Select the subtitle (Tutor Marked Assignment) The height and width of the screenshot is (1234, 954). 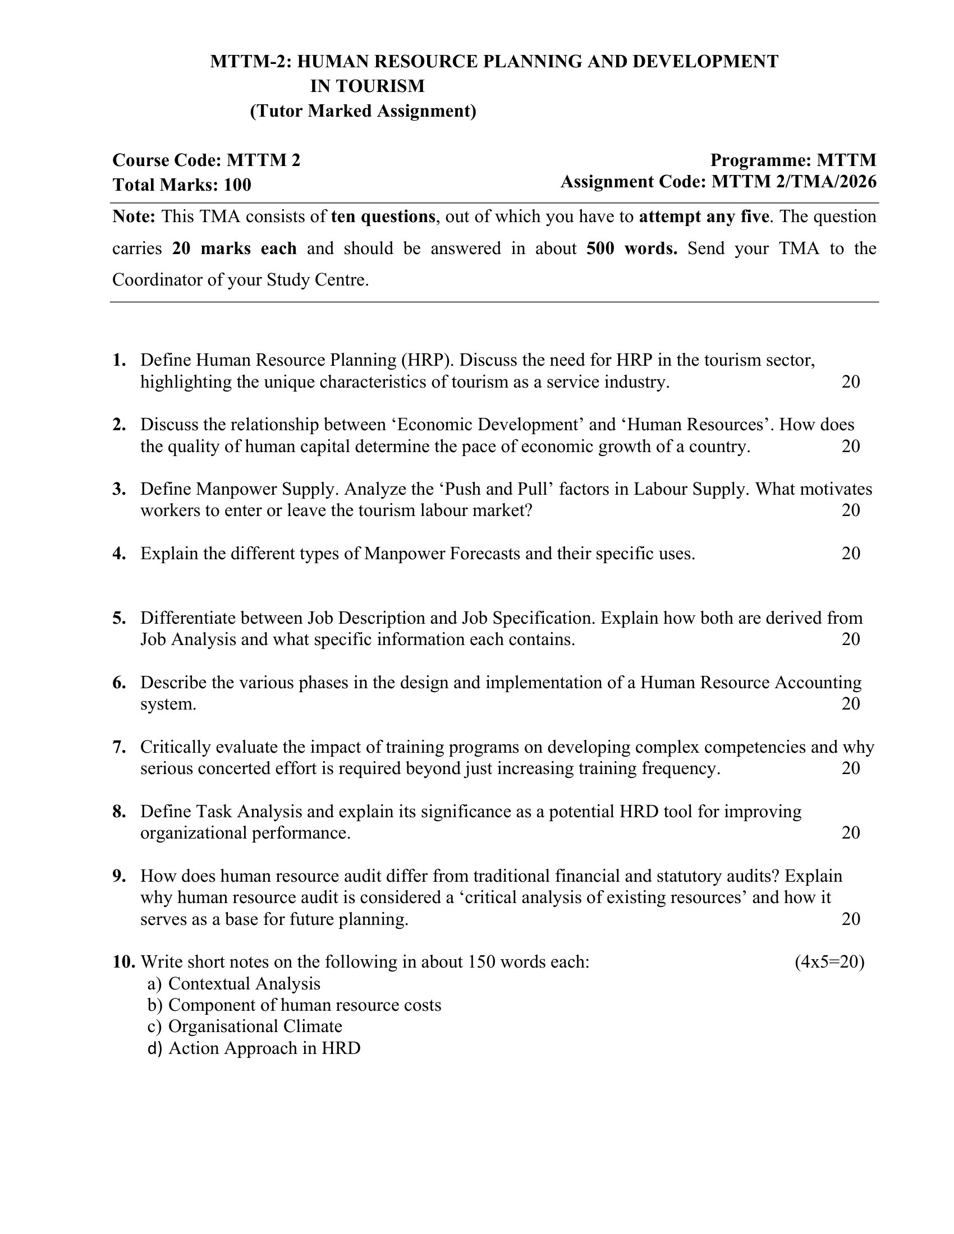pyautogui.click(x=363, y=111)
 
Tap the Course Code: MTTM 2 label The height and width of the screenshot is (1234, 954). pyautogui.click(x=207, y=160)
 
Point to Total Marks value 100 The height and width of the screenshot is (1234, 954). pyautogui.click(x=237, y=185)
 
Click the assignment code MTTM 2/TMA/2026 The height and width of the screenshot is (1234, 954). pyautogui.click(x=794, y=182)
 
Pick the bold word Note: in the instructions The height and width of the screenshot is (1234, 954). pyautogui.click(x=134, y=217)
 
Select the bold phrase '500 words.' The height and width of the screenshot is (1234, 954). pyautogui.click(x=632, y=248)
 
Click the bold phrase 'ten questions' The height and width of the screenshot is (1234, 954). pyautogui.click(x=383, y=217)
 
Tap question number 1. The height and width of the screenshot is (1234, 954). pyautogui.click(x=119, y=360)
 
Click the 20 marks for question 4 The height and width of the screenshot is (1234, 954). pyautogui.click(x=851, y=553)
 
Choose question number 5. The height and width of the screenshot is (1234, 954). pyautogui.click(x=119, y=618)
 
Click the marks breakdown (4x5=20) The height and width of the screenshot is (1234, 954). pyautogui.click(x=829, y=961)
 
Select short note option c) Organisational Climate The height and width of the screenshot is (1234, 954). pyautogui.click(x=245, y=1026)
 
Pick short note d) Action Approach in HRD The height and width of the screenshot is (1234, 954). pyautogui.click(x=254, y=1048)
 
